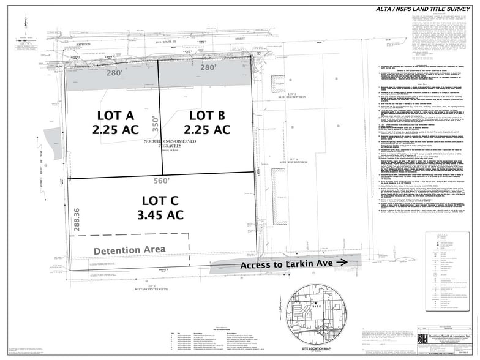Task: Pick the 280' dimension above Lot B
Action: (208, 67)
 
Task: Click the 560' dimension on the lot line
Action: (161, 181)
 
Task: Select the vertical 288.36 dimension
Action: (76, 219)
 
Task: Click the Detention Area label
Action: (129, 250)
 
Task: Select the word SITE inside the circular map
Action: (317, 304)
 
